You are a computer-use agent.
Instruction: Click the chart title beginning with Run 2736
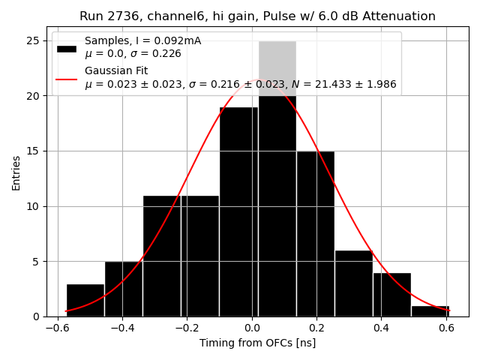[257, 16]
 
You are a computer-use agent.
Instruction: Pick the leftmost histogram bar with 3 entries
[85, 300]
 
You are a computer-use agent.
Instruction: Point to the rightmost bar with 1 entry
[430, 310]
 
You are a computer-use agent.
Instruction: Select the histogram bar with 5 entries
[123, 289]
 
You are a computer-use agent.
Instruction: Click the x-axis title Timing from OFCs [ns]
[257, 343]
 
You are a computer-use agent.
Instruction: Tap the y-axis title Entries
[16, 172]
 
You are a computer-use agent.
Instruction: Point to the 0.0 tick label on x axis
[251, 327]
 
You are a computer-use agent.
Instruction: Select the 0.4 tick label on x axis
[381, 327]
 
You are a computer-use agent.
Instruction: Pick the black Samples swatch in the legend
[67, 48]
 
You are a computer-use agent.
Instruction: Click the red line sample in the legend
[67, 78]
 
